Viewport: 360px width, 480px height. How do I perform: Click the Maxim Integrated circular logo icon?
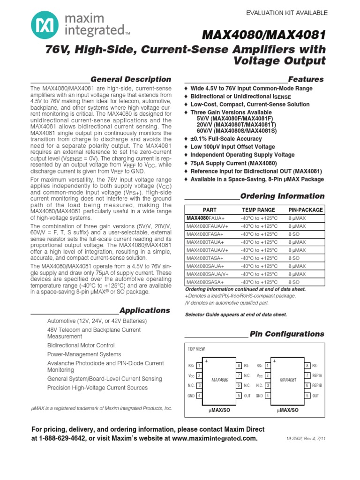pyautogui.click(x=45, y=25)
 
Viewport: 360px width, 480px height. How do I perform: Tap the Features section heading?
pyautogui.click(x=306, y=79)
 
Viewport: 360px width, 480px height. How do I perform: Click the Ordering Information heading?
pyautogui.click(x=282, y=196)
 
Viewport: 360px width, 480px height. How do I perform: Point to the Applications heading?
pyautogui.click(x=144, y=310)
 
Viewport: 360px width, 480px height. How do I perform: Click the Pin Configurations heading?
pyautogui.click(x=287, y=334)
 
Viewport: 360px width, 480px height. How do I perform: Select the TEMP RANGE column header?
pyautogui.click(x=258, y=210)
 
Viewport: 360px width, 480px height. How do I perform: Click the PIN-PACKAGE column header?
pyautogui.click(x=305, y=210)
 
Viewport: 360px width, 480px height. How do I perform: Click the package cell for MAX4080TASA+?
pyautogui.click(x=294, y=258)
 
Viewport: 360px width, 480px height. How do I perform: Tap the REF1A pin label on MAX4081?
pyautogui.click(x=317, y=375)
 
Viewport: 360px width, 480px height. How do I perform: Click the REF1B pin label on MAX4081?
pyautogui.click(x=317, y=385)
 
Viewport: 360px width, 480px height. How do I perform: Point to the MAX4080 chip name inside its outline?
pyautogui.click(x=219, y=380)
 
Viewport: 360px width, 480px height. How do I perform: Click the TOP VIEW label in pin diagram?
pyautogui.click(x=196, y=349)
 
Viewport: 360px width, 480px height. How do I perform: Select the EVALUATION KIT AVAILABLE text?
pyautogui.click(x=287, y=13)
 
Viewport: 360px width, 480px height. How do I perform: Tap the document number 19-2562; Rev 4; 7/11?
pyautogui.click(x=306, y=439)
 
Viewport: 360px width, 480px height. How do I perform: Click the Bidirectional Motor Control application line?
pyautogui.click(x=81, y=345)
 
